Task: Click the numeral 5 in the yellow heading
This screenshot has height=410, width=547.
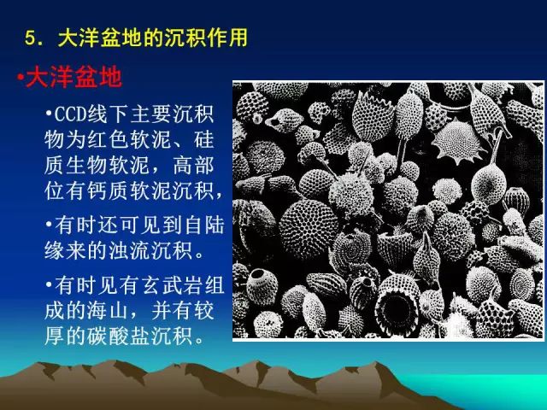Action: tap(30, 38)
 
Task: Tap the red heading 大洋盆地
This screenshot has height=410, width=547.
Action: tap(74, 77)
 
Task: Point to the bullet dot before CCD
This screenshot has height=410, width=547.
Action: tap(49, 113)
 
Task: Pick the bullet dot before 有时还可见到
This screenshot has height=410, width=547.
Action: tap(49, 224)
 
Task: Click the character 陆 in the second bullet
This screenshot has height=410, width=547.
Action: tap(215, 225)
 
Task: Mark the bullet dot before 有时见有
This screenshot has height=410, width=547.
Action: tap(49, 284)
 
